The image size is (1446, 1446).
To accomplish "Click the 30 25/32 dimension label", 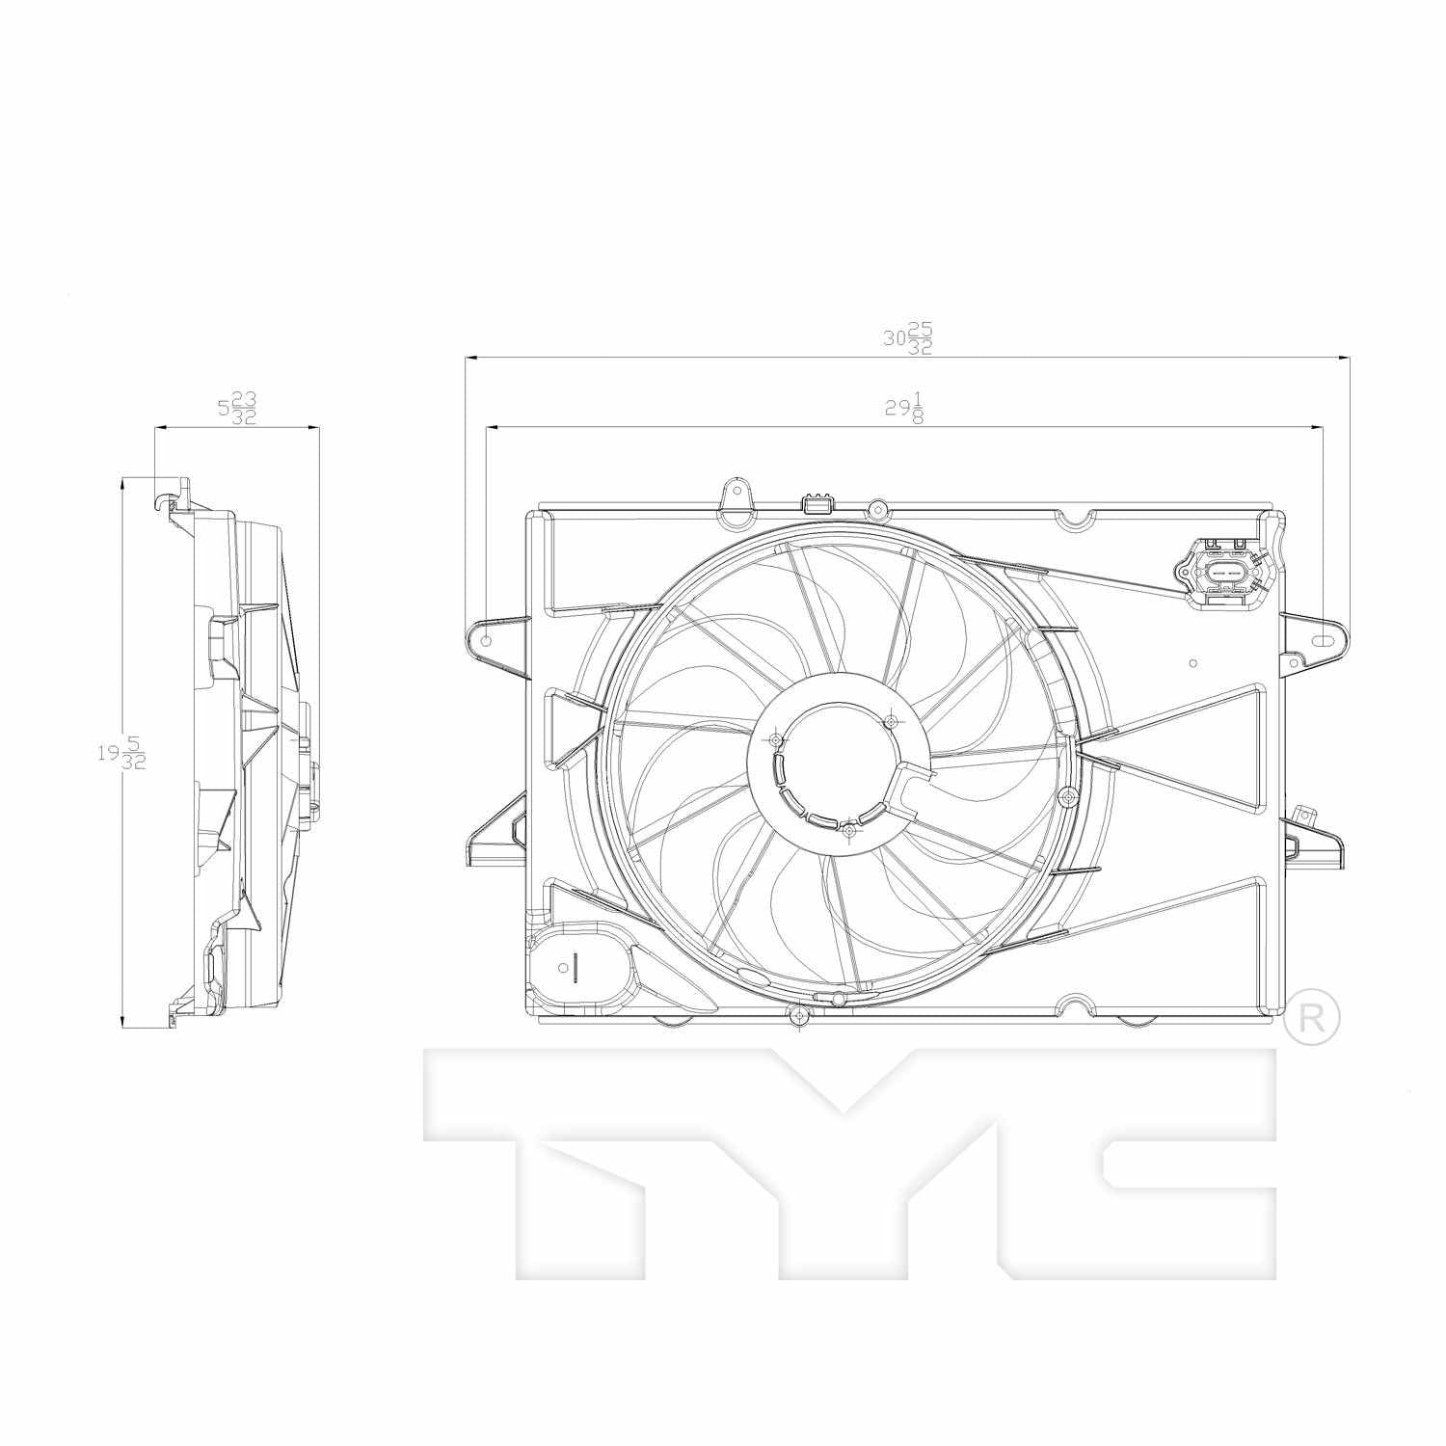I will pos(907,338).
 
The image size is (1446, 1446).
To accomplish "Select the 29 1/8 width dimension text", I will pos(905,408).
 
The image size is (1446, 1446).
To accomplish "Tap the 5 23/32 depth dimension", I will pos(237,408).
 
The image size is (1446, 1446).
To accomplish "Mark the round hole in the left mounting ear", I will pos(487,640).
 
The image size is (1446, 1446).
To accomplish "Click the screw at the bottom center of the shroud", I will pos(798,1014).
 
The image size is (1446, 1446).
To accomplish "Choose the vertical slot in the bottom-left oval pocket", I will pos(574,966).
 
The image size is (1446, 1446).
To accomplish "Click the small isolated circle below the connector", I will pos(1193,663).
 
